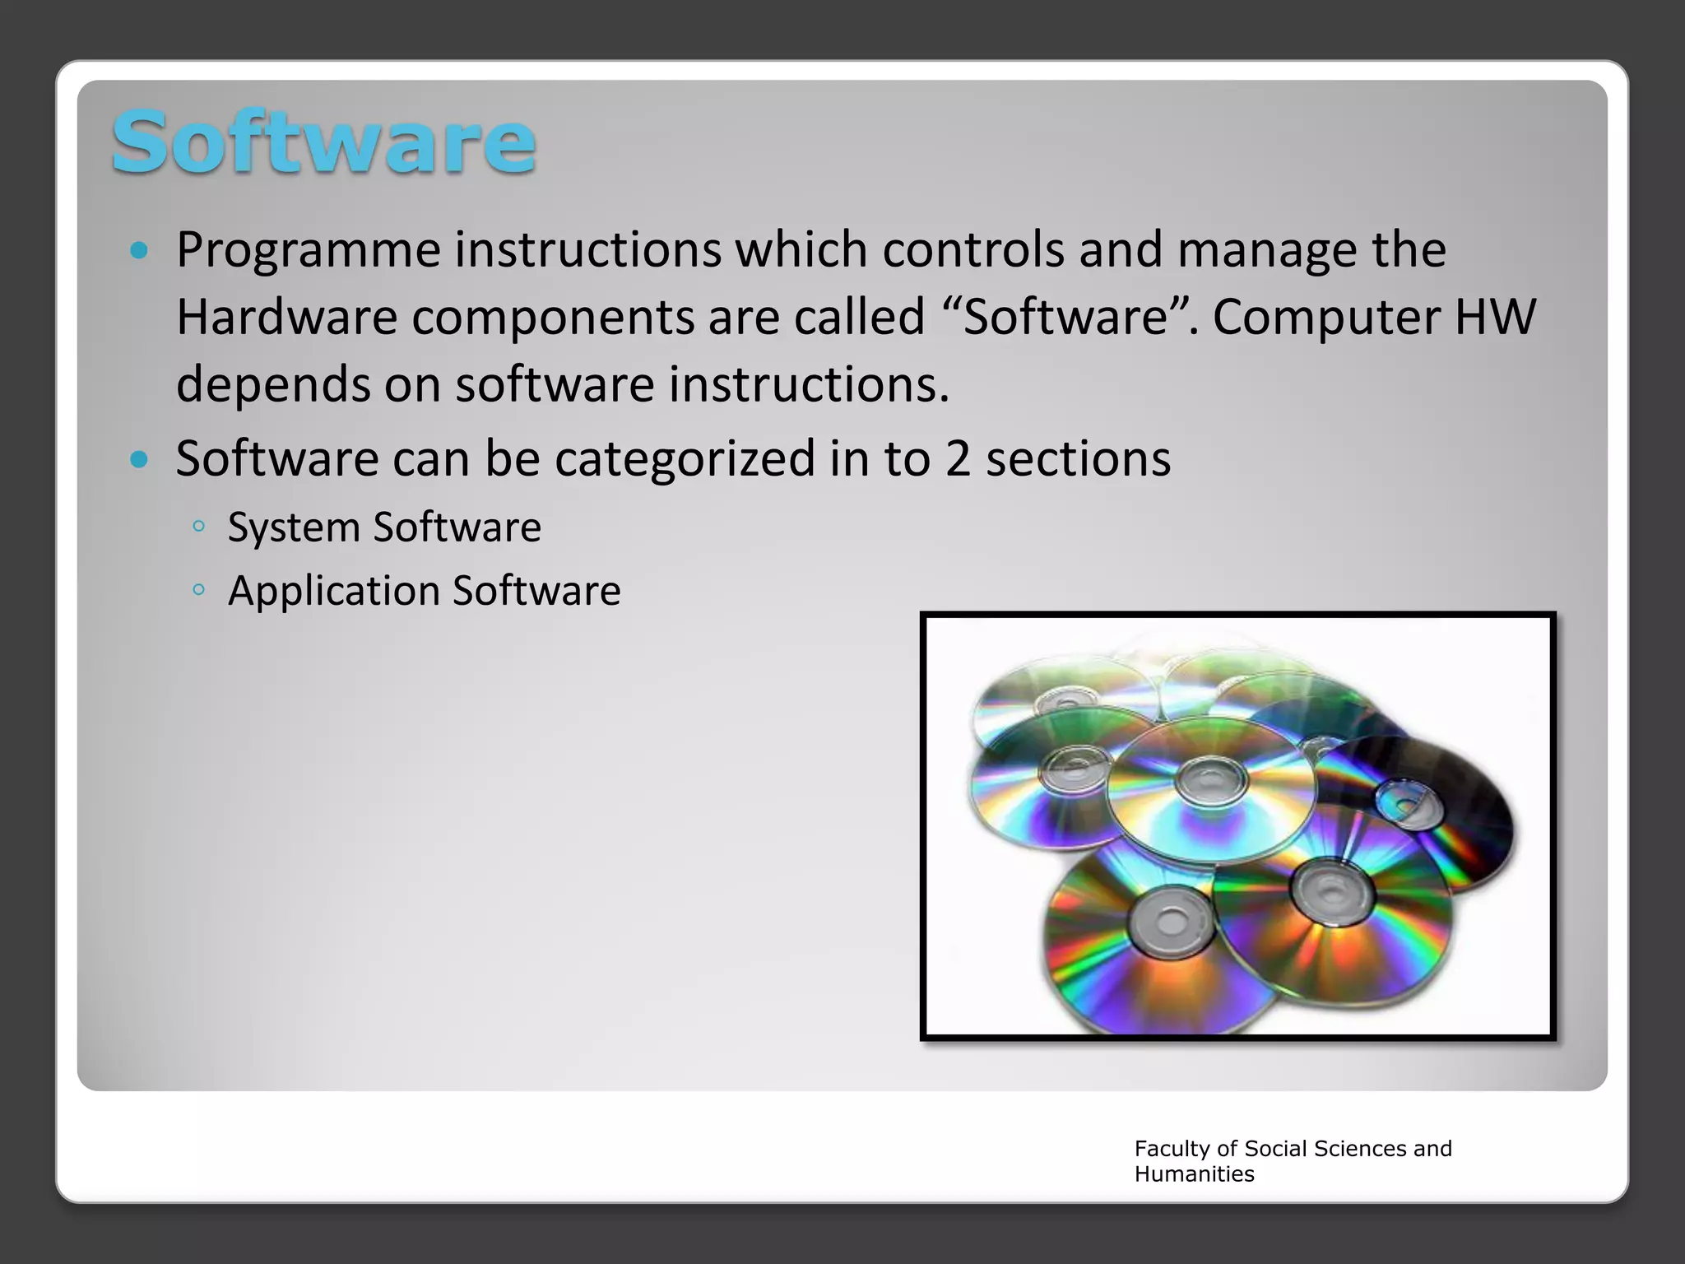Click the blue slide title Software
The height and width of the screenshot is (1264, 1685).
(323, 142)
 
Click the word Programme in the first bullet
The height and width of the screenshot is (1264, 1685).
(309, 250)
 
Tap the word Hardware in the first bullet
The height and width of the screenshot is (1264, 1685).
(287, 318)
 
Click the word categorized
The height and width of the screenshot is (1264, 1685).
(685, 458)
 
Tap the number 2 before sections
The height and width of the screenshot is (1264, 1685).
(957, 458)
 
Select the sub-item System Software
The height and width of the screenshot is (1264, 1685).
(384, 527)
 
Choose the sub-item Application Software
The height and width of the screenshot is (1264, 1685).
(424, 591)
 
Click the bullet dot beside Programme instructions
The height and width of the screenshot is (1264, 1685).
(139, 250)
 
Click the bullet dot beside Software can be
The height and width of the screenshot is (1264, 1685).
(139, 459)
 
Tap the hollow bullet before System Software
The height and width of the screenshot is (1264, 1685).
(198, 527)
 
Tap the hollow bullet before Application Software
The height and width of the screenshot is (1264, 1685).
(198, 589)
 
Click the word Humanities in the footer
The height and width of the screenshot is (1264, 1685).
(1194, 1174)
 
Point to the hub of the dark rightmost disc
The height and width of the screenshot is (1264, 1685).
(1409, 802)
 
